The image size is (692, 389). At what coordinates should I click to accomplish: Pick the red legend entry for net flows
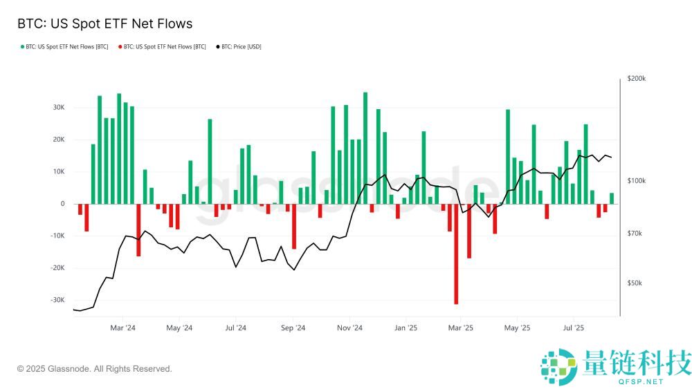click(x=163, y=47)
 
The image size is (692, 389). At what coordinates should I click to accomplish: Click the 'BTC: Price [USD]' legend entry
click(x=239, y=47)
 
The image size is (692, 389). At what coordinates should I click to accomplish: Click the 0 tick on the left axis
click(x=62, y=204)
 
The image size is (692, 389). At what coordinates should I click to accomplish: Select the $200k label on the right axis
click(x=637, y=79)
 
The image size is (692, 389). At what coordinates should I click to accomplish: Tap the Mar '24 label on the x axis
click(x=122, y=328)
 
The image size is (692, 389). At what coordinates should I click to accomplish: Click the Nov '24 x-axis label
click(x=353, y=328)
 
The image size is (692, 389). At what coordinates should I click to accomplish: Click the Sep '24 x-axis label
click(x=294, y=328)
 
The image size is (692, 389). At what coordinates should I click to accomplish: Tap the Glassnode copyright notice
click(x=94, y=369)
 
